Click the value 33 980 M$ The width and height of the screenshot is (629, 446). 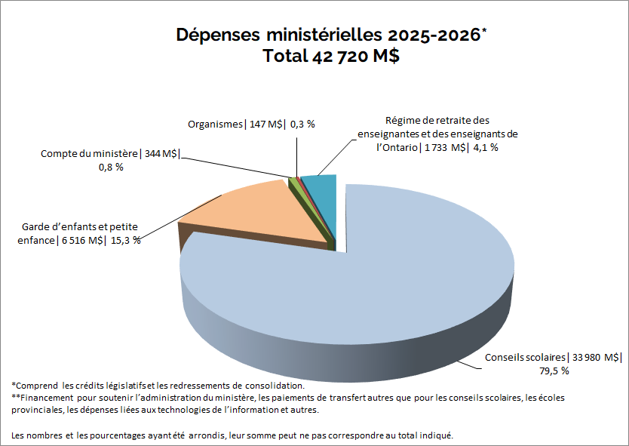597,357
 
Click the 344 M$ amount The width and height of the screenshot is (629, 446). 161,154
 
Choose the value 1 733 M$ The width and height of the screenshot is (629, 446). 444,147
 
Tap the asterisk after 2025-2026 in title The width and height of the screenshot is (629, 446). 484,31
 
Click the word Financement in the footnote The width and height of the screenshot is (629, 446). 46,397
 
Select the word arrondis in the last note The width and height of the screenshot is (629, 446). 212,435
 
